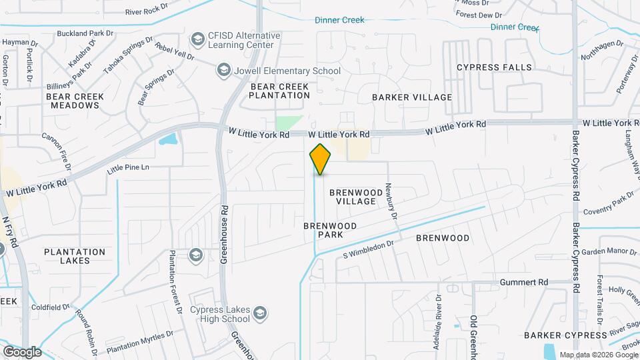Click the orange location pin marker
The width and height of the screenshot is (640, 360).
pos(320,159)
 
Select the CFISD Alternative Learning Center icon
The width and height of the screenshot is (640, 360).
pos(197,40)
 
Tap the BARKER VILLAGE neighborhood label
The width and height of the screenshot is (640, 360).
pos(412,97)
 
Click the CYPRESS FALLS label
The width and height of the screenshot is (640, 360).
pos(494,67)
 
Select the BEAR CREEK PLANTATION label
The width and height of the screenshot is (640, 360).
pos(279,91)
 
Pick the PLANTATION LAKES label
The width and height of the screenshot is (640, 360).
pos(75,256)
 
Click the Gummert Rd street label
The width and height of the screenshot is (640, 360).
pos(525,282)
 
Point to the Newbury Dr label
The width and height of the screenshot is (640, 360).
pos(392,202)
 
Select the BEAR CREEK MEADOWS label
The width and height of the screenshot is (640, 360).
pos(75,101)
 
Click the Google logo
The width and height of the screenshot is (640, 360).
pos(22,351)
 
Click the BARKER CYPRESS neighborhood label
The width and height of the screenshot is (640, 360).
pos(565,335)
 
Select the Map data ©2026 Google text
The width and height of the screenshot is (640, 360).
pos(598,355)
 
